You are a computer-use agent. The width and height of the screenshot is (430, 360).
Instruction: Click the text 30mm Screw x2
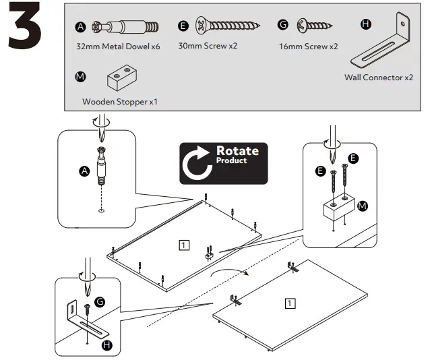click(208, 47)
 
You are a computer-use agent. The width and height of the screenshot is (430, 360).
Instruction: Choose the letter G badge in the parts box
click(283, 25)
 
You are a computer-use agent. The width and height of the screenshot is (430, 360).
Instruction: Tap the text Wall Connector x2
click(378, 78)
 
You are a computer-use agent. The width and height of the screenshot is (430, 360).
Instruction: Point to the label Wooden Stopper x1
click(120, 102)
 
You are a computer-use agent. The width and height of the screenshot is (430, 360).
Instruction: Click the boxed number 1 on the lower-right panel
click(289, 303)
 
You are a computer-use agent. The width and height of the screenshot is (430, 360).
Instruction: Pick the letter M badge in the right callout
click(363, 205)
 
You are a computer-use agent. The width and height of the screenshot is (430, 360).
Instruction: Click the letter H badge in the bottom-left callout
click(106, 344)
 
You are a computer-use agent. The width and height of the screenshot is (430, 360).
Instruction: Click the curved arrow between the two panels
click(230, 272)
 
